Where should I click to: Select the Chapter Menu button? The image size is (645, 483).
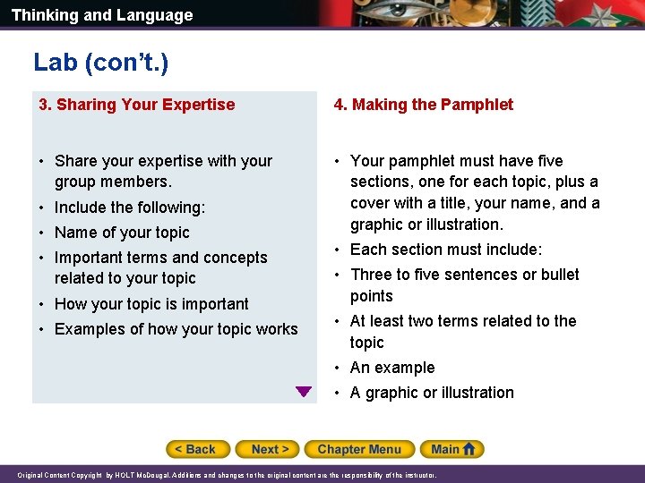[359, 449]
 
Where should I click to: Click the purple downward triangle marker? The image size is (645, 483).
[304, 392]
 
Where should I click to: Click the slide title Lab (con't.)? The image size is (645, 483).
[100, 62]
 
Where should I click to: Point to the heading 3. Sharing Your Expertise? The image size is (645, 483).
[136, 105]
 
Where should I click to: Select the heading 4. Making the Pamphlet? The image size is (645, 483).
[424, 105]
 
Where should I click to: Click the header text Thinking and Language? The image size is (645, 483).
[102, 15]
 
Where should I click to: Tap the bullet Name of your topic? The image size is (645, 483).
[122, 233]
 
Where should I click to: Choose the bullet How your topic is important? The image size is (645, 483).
[151, 304]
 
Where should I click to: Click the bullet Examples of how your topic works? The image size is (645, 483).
[176, 329]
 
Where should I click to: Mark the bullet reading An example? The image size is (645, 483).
[392, 368]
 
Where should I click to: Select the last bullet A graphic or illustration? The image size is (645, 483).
[432, 393]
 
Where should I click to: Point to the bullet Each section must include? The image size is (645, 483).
[446, 250]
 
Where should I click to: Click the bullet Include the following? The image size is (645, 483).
[130, 208]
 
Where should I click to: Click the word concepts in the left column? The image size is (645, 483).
[237, 258]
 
